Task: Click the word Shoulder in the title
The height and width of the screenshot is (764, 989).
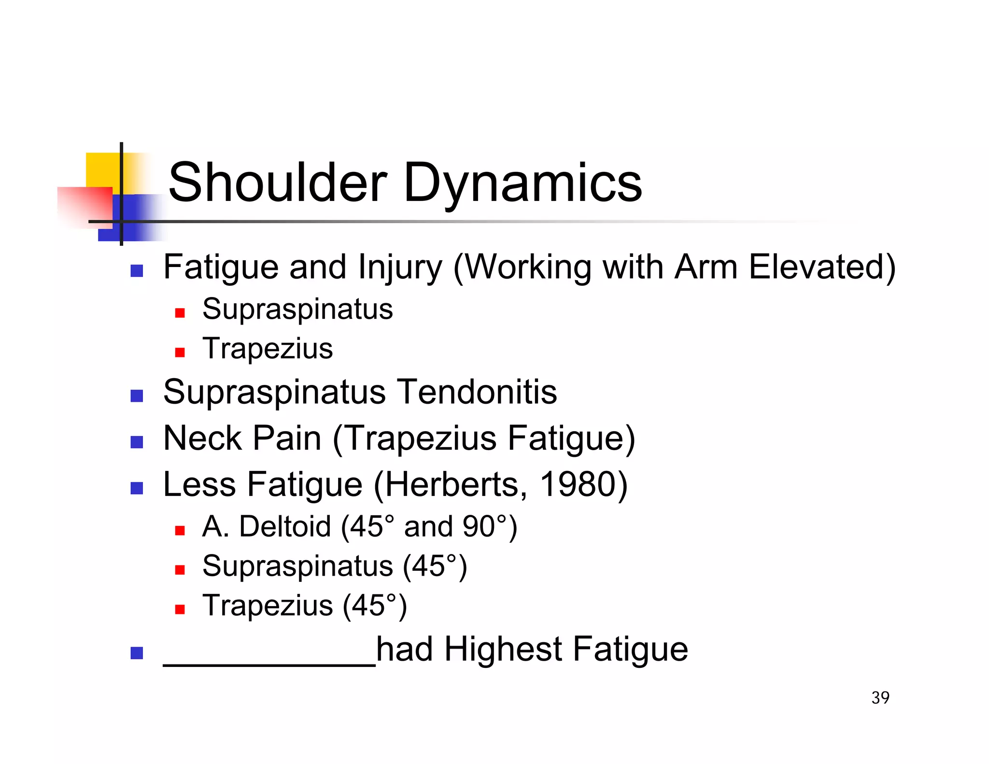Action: [x=277, y=183]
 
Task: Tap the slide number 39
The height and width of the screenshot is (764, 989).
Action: [x=880, y=697]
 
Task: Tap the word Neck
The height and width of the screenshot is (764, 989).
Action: [x=202, y=438]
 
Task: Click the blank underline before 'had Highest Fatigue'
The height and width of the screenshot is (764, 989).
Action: [x=269, y=663]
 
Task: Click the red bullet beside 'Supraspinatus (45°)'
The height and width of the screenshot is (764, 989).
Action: [x=180, y=570]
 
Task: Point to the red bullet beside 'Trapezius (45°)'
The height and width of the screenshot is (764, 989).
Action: [x=180, y=609]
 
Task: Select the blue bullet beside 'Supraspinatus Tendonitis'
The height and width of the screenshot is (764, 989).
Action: [x=137, y=396]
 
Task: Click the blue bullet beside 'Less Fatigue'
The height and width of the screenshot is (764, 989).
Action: [x=137, y=488]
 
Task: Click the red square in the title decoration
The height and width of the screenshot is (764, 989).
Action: [x=85, y=205]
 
